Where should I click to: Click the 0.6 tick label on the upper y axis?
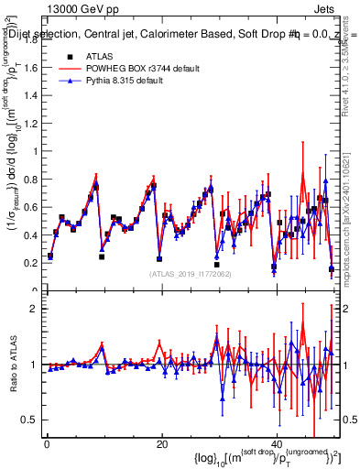[32, 207]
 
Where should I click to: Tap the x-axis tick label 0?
[45, 443]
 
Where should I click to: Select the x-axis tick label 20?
[161, 443]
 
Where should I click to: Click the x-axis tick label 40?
[277, 443]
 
